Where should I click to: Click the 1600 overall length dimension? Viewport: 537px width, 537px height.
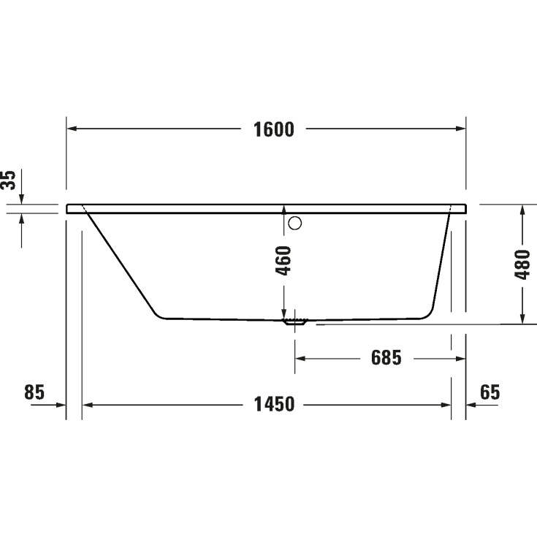coord(274,129)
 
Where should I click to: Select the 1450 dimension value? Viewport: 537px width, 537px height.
coord(274,403)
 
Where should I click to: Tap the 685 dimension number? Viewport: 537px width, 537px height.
coord(386,358)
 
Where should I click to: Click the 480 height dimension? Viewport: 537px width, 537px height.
coord(522,264)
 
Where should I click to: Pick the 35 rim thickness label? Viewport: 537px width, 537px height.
coord(9,180)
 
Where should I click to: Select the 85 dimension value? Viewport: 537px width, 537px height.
coord(34,392)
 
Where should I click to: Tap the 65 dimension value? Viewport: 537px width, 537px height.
coord(490,392)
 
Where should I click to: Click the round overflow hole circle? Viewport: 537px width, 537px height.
coord(295,224)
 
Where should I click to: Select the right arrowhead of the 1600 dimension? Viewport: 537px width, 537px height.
coord(461,129)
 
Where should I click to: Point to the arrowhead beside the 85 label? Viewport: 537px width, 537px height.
coord(61,403)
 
